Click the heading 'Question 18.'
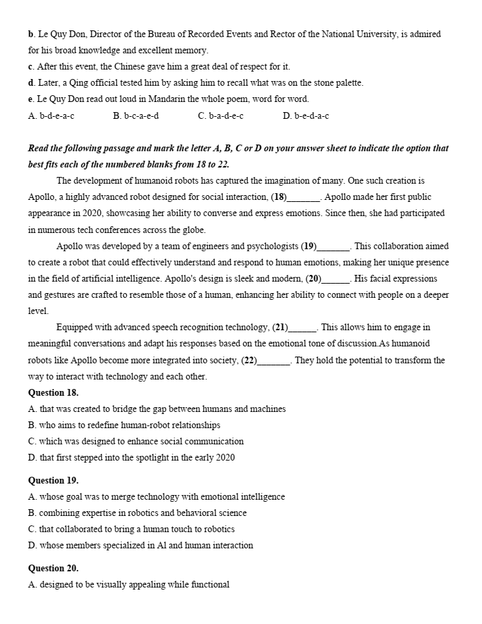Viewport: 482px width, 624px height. click(x=53, y=392)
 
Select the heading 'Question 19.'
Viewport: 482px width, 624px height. click(x=53, y=480)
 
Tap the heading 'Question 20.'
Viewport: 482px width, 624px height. click(x=53, y=568)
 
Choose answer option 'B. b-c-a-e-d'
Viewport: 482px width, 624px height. click(x=136, y=115)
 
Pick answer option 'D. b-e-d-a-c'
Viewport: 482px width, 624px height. click(x=306, y=115)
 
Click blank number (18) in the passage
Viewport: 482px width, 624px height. click(x=302, y=197)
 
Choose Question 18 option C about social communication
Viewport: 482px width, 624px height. click(x=136, y=441)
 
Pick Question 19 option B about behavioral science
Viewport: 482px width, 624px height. click(x=137, y=513)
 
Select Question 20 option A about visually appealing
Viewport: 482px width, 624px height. click(x=128, y=584)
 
